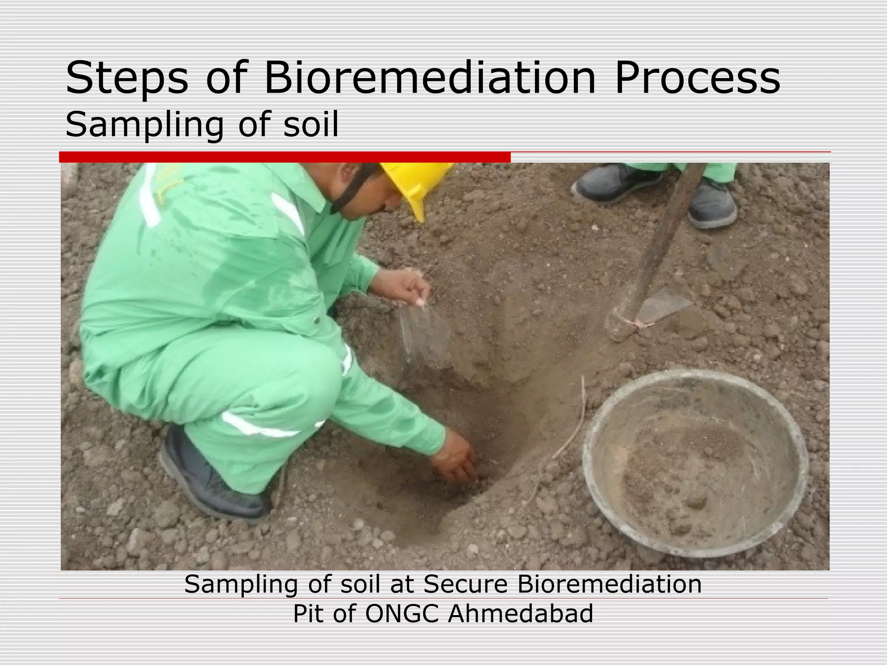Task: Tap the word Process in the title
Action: click(697, 79)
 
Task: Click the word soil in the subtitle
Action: click(311, 124)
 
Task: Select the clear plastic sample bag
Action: click(422, 333)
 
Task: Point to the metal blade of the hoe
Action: click(660, 305)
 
